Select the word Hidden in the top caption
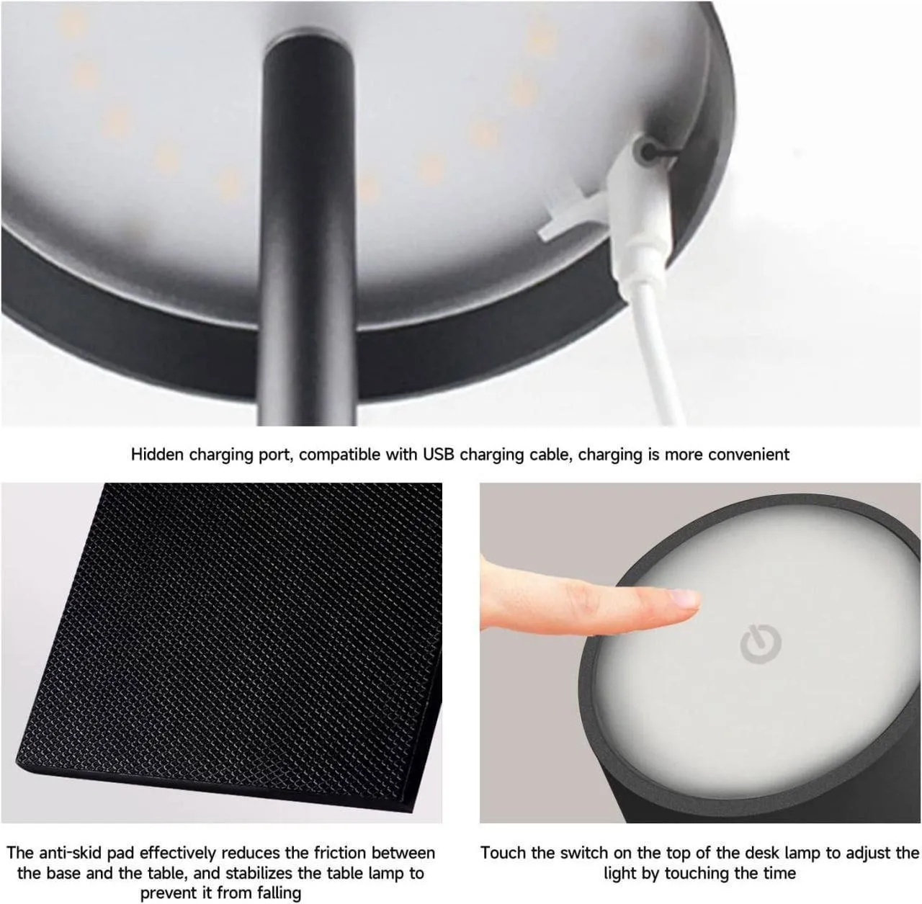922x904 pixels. point(156,455)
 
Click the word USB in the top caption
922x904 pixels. point(439,455)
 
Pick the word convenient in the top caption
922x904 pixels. point(749,455)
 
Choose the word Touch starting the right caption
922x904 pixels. point(503,853)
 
